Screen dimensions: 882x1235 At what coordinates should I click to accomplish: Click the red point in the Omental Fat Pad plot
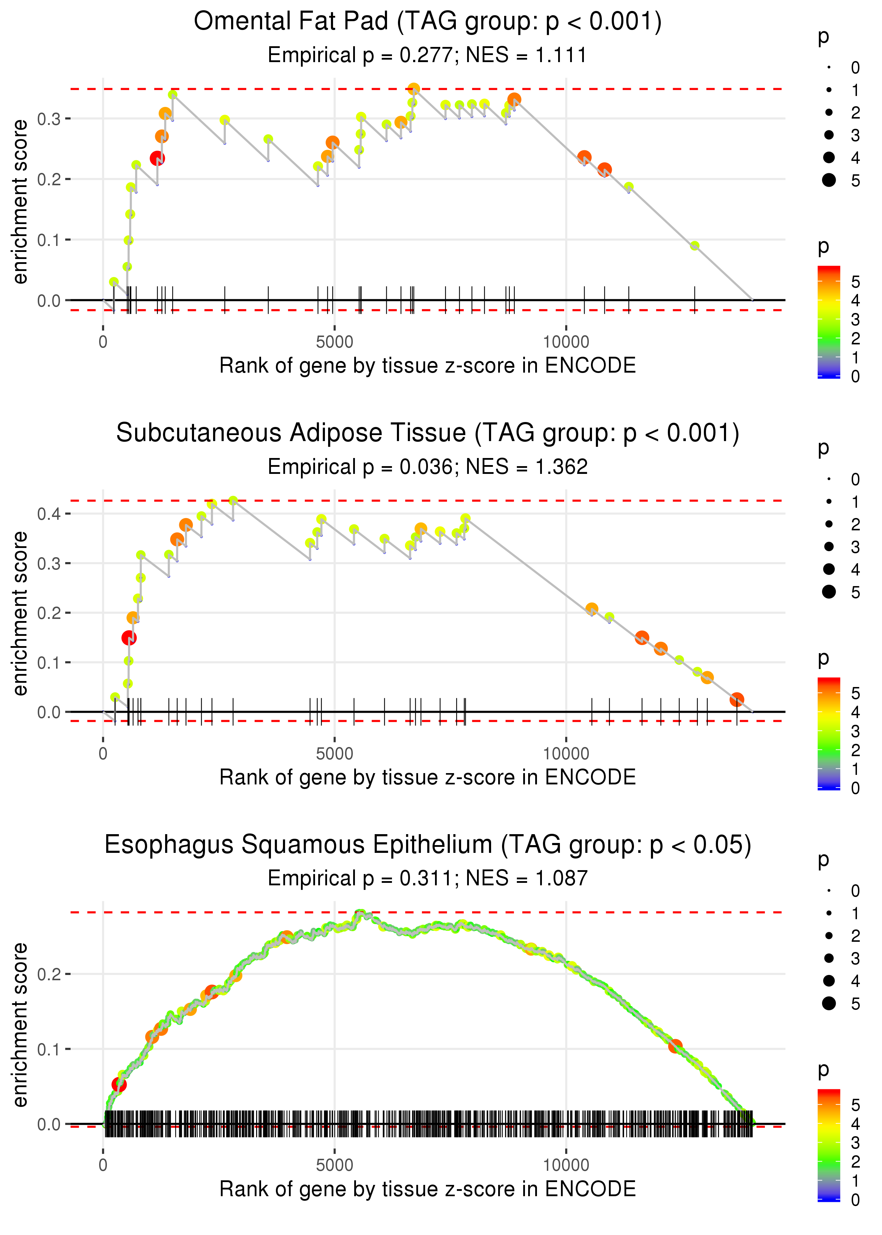click(x=157, y=158)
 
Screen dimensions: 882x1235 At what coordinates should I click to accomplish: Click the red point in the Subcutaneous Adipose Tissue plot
click(x=129, y=638)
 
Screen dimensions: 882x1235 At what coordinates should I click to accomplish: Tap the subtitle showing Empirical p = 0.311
click(x=428, y=878)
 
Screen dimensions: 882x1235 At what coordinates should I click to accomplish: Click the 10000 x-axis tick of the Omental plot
click(x=566, y=342)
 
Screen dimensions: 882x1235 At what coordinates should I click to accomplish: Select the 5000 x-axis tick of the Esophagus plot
click(x=334, y=1165)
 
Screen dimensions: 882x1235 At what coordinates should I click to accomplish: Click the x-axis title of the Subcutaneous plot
click(x=428, y=777)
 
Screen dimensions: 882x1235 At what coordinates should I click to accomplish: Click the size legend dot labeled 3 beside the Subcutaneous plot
click(x=829, y=546)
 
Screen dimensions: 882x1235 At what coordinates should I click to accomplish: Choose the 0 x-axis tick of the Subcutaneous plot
click(x=103, y=754)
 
